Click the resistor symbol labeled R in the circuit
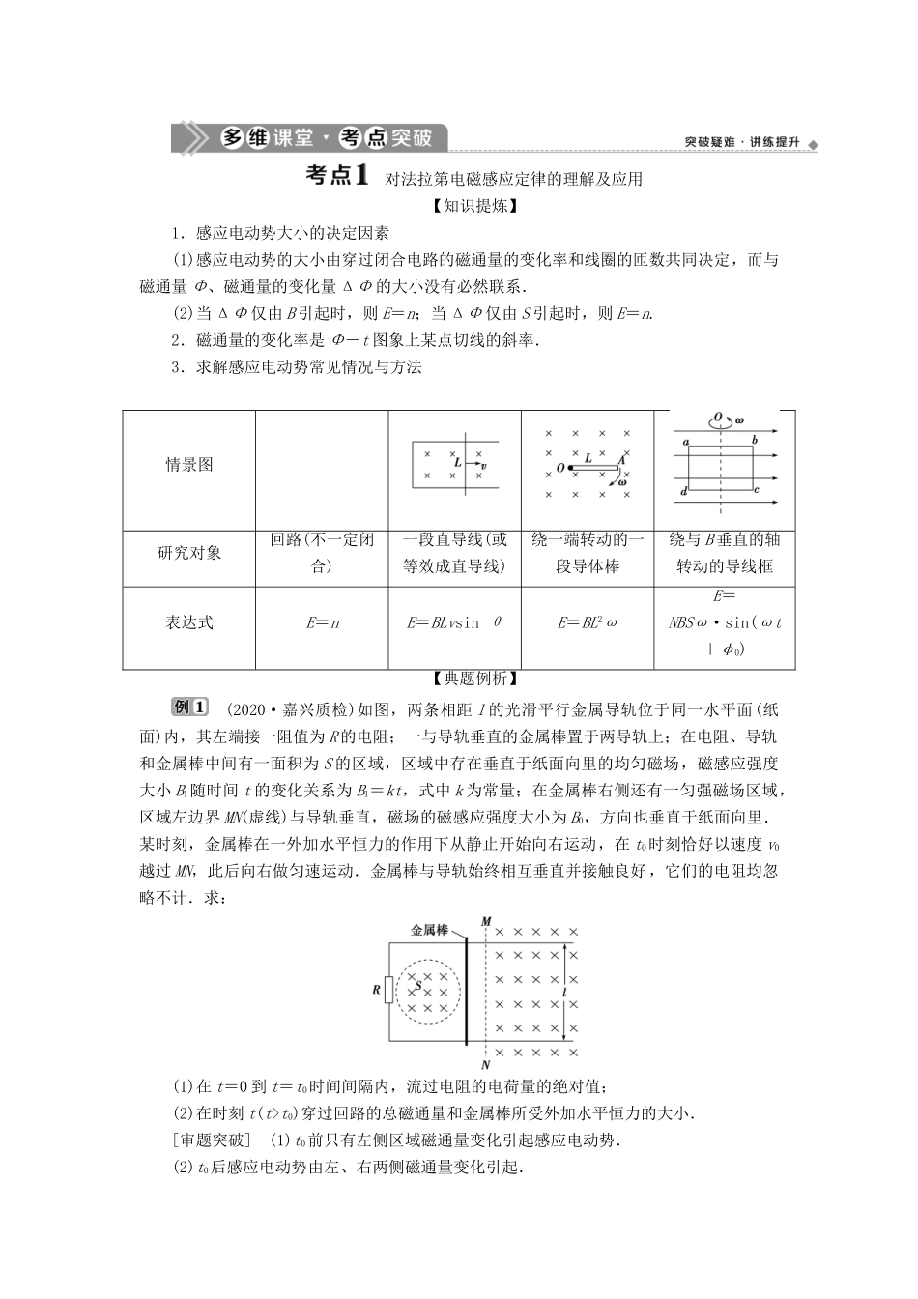tap(388, 991)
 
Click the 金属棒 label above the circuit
tap(429, 930)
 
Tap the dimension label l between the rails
tap(563, 993)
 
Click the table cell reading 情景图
tap(188, 465)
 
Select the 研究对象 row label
tap(188, 553)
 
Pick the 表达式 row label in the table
tap(188, 623)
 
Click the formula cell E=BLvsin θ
tap(454, 623)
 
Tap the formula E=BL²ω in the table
tap(587, 623)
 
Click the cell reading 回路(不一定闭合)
tap(322, 553)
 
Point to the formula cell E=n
tap(322, 623)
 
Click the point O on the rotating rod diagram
tap(560, 469)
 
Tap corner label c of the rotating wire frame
tap(757, 490)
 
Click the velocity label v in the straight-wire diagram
tap(483, 466)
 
